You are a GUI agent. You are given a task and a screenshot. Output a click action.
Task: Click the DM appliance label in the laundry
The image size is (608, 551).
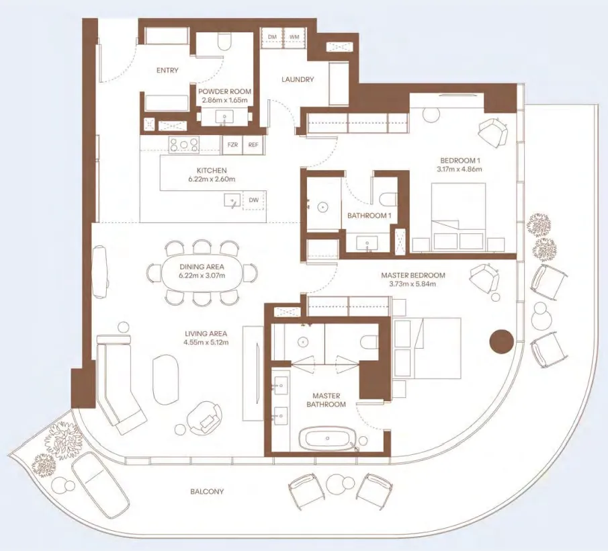click(272, 36)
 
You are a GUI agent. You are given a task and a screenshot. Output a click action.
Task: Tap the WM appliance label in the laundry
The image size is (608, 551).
click(294, 36)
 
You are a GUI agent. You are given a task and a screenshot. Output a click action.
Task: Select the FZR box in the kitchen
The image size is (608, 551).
click(232, 144)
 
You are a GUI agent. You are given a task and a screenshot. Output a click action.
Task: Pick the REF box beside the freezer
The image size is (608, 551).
click(253, 144)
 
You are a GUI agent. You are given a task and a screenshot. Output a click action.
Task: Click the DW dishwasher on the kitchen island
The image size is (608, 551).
click(253, 200)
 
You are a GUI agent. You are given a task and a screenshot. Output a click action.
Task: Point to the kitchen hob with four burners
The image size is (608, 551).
click(184, 144)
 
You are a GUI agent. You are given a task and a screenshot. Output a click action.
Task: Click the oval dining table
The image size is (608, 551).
click(202, 272)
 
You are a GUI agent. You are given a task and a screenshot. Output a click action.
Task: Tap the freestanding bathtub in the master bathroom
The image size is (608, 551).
click(329, 440)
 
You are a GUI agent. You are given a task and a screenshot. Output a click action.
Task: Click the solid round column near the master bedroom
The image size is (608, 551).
click(501, 341)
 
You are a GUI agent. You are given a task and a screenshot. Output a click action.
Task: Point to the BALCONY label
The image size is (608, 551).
click(207, 492)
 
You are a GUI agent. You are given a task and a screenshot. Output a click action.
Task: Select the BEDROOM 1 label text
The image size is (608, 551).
click(460, 160)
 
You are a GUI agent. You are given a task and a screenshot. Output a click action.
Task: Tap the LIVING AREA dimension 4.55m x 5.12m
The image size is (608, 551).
click(206, 343)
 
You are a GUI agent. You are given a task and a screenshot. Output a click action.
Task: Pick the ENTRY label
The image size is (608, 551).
click(167, 70)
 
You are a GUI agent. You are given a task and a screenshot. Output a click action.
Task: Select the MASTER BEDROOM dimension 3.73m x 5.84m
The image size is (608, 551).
click(412, 284)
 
